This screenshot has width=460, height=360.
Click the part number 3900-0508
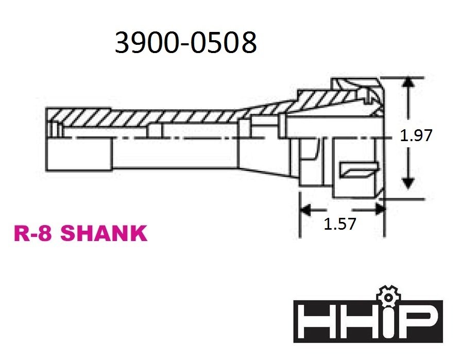[185, 43]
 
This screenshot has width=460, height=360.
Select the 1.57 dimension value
[340, 225]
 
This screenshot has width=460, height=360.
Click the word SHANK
[104, 234]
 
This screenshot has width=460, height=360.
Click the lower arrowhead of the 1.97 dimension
[408, 183]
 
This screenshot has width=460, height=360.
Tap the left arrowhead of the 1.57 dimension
[305, 209]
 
